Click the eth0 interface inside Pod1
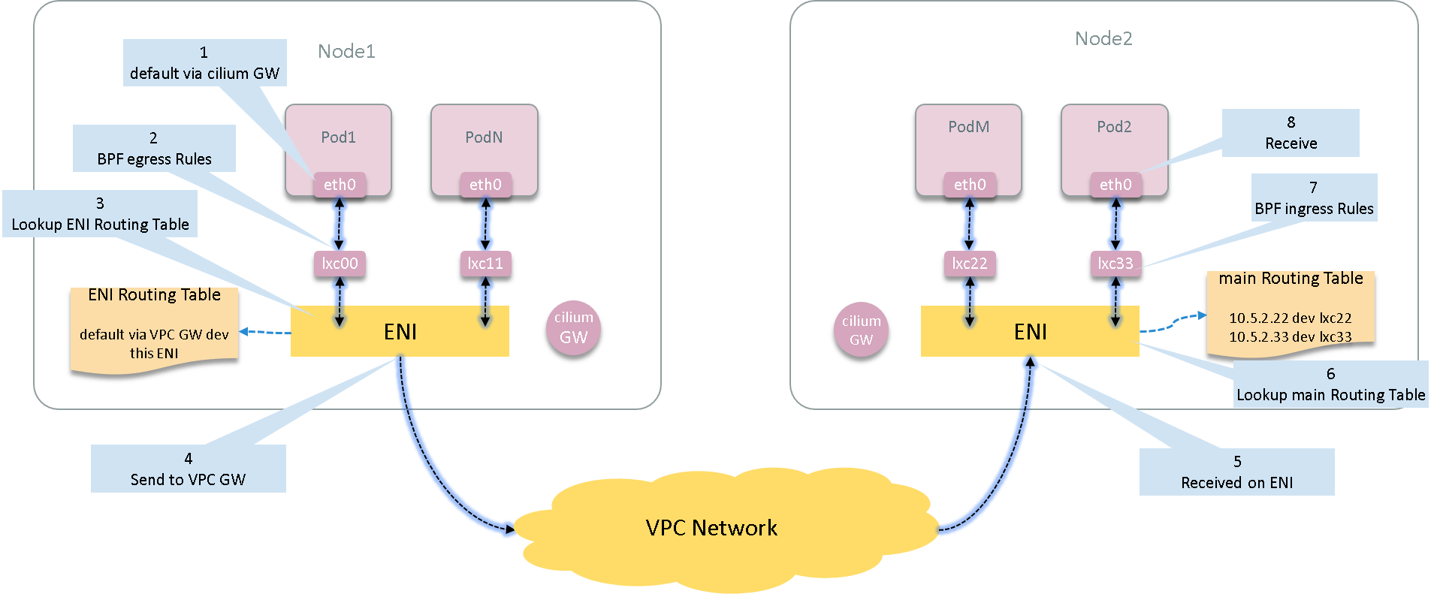point(340,185)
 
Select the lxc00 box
point(340,264)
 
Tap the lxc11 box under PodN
point(485,264)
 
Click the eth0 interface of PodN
point(485,185)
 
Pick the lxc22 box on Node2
point(970,264)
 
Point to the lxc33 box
point(1115,264)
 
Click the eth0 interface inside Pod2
point(1115,185)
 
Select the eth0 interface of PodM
point(970,185)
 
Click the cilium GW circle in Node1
point(573,328)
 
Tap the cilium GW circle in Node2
point(861,330)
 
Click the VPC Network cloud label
point(711,528)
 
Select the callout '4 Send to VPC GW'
point(188,469)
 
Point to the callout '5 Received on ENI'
point(1236,472)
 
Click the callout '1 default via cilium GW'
point(204,63)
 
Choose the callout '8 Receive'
point(1291,133)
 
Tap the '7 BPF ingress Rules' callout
point(1314,198)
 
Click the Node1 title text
point(346,51)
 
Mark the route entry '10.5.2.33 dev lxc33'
point(1290,337)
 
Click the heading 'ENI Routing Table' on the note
point(154,295)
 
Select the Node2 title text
point(1103,38)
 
